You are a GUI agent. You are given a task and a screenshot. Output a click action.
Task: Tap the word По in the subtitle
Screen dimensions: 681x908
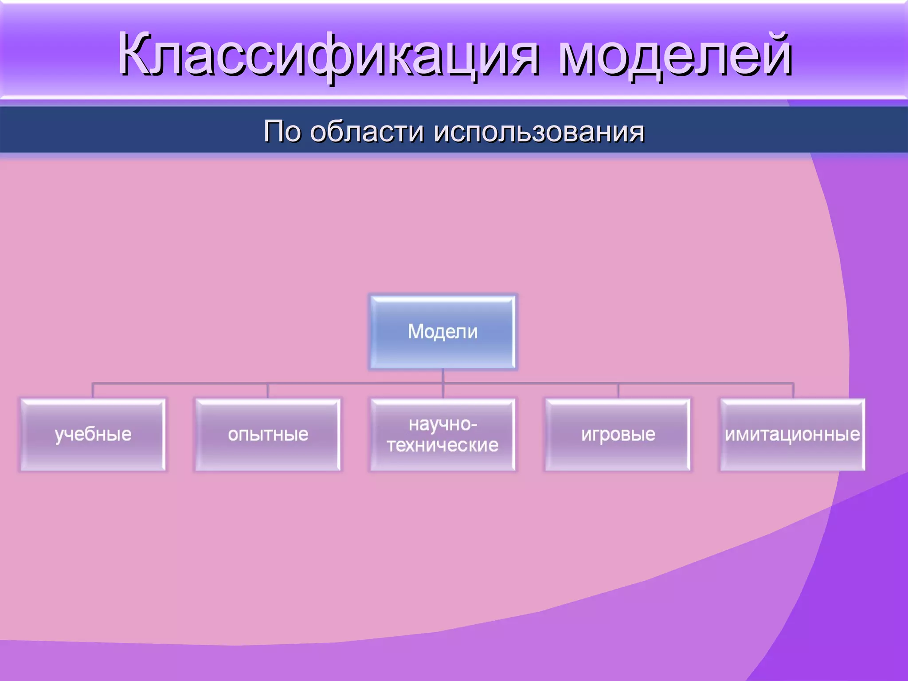pos(282,131)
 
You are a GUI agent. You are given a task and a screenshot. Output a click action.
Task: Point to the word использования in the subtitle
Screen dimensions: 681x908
pos(538,131)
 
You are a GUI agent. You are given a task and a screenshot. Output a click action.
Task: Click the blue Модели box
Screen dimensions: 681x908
pos(442,332)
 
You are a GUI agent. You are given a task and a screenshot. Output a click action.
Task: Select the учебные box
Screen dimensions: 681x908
pos(93,434)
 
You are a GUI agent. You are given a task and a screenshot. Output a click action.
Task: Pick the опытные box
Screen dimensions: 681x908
pos(268,434)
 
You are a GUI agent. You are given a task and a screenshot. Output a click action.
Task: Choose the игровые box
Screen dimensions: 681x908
pos(618,434)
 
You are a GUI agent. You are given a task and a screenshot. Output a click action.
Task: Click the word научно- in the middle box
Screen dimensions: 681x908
pos(442,424)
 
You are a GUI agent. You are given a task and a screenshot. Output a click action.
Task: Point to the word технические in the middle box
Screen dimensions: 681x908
pos(442,445)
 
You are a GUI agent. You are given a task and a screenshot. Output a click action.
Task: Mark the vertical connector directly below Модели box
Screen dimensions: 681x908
pos(443,376)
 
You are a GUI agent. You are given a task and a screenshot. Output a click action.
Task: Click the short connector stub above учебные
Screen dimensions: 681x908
pos(93,391)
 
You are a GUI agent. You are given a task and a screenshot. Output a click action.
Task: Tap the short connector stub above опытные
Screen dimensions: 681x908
pos(267,391)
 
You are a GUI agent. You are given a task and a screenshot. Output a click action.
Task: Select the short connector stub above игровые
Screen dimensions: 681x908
pos(618,391)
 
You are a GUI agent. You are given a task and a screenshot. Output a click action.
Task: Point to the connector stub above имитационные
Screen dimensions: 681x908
pos(793,391)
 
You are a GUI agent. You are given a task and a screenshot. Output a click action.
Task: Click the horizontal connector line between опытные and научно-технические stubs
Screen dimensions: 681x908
pos(355,384)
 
